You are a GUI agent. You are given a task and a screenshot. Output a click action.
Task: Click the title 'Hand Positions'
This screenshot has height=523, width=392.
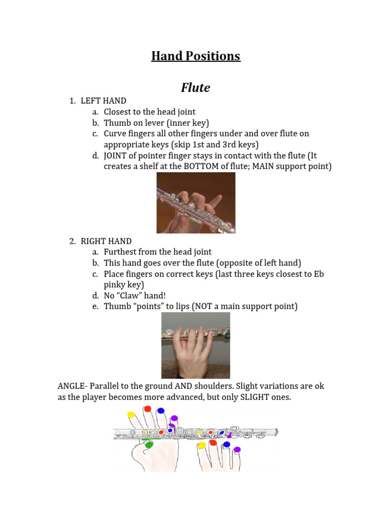click(x=195, y=56)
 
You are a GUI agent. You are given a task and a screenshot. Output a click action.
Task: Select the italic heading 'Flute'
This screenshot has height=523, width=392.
click(x=195, y=88)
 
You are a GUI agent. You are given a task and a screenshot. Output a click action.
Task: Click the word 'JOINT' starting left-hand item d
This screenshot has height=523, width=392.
click(x=116, y=155)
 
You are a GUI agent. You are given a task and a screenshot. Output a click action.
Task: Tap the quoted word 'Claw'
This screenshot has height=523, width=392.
click(x=135, y=296)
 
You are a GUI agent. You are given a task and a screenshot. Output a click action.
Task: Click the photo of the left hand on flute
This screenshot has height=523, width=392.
click(x=195, y=203)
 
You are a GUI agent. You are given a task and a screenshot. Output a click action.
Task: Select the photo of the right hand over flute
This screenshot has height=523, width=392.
click(x=195, y=345)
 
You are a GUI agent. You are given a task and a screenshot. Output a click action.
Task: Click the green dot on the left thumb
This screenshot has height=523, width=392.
click(x=149, y=445)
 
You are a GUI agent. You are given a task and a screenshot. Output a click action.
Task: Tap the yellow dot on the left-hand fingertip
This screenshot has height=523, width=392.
click(x=131, y=415)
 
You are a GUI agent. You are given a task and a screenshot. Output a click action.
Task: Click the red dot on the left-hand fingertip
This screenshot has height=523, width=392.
click(x=147, y=409)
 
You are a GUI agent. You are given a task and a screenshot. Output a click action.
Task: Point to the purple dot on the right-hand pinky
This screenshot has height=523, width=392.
click(x=237, y=449)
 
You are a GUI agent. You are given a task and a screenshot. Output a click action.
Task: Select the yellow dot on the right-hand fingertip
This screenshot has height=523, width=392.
click(x=202, y=446)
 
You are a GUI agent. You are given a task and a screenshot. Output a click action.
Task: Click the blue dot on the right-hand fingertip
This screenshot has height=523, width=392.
click(x=226, y=445)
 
